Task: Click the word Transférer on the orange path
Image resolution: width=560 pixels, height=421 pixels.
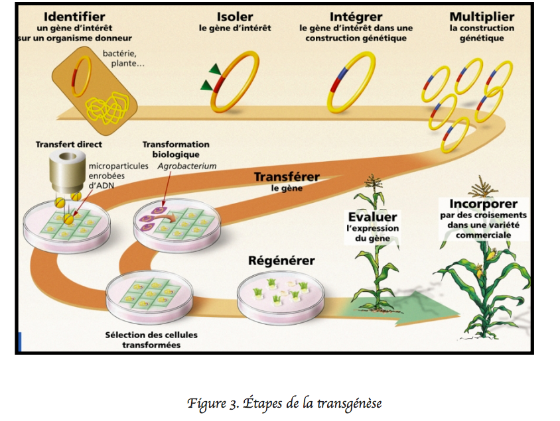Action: tap(287, 177)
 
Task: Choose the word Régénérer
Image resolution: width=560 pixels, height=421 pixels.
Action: tap(281, 261)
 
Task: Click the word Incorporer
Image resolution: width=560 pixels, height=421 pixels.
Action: tap(483, 204)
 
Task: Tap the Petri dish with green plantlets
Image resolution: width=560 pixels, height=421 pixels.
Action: tap(281, 294)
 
